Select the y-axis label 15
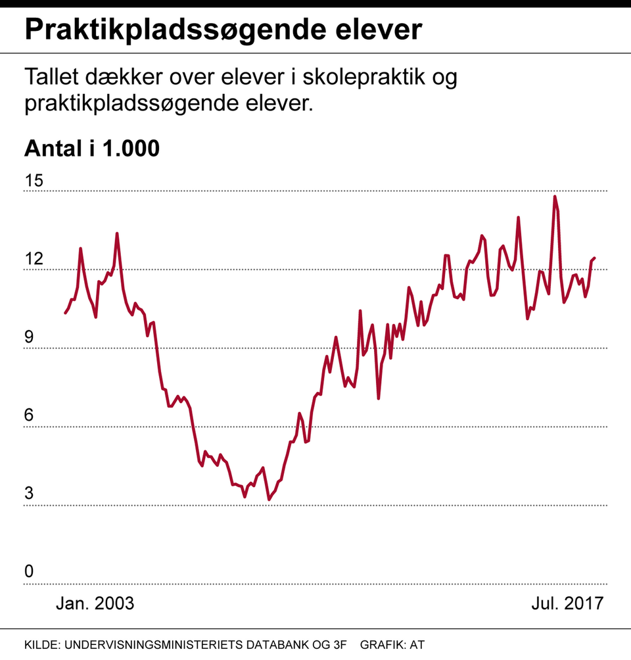pyautogui.click(x=34, y=181)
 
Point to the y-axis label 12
pyautogui.click(x=34, y=259)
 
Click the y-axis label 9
pyautogui.click(x=29, y=337)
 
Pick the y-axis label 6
pyautogui.click(x=29, y=415)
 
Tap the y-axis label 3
pyautogui.click(x=29, y=494)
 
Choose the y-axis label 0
pyautogui.click(x=29, y=572)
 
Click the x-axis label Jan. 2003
pyautogui.click(x=95, y=603)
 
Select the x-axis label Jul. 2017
pyautogui.click(x=567, y=603)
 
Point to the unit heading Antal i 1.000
pyautogui.click(x=92, y=149)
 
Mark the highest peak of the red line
pyautogui.click(x=555, y=197)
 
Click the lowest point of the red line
pyautogui.click(x=269, y=500)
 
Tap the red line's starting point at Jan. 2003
pyautogui.click(x=65, y=313)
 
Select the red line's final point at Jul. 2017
pyautogui.click(x=594, y=258)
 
